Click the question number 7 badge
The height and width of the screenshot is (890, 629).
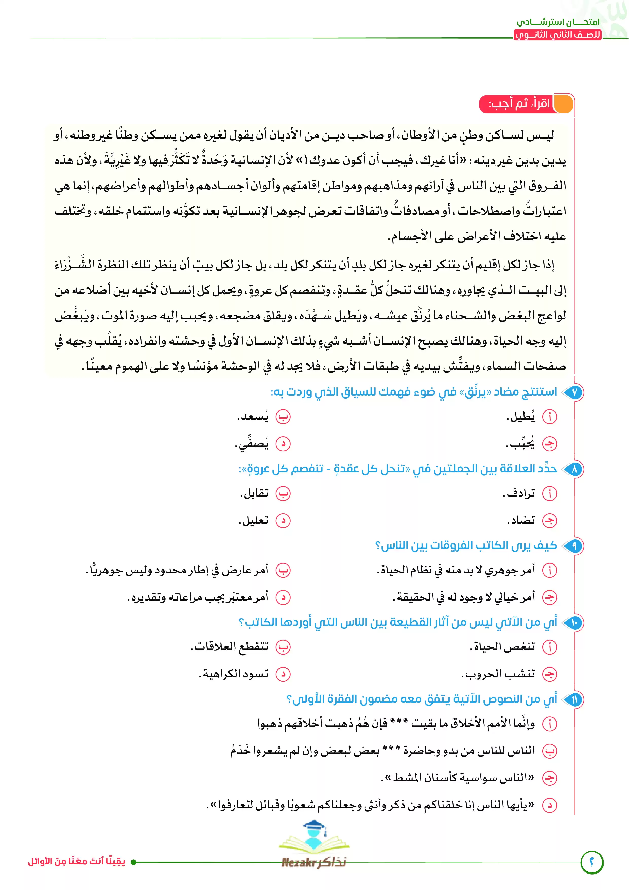[x=574, y=392]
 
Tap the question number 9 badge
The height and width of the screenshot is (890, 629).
[x=574, y=546]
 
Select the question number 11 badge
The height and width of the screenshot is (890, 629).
[x=574, y=699]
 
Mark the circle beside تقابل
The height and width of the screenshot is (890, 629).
[x=283, y=493]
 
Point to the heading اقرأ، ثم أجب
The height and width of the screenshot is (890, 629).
[x=519, y=104]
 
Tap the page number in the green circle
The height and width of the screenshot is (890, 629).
[x=592, y=863]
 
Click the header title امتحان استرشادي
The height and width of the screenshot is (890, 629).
[x=558, y=22]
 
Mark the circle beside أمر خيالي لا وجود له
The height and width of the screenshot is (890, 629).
[x=549, y=597]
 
